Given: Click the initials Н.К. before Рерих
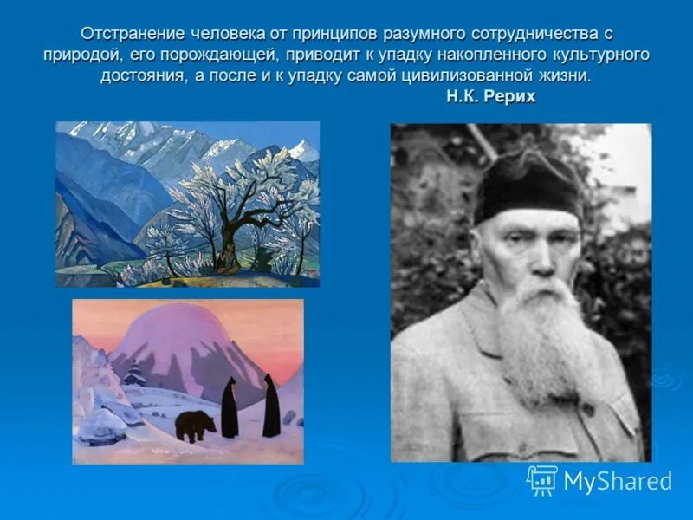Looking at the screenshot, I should click(x=468, y=96).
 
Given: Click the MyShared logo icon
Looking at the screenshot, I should click(x=542, y=479).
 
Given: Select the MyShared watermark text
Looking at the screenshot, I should click(x=618, y=481).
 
